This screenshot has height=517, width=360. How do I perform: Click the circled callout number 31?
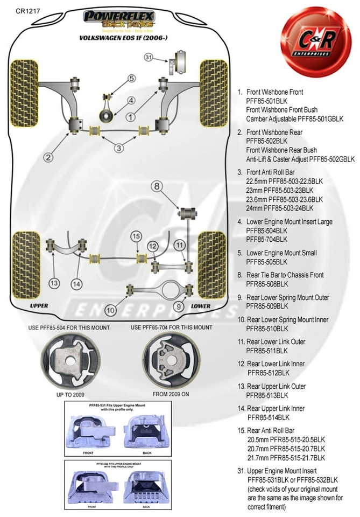tap(149, 57)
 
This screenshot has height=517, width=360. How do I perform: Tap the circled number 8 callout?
tap(156, 187)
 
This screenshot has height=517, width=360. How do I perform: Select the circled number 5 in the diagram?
tap(131, 79)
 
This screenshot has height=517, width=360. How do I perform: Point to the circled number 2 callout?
tap(48, 157)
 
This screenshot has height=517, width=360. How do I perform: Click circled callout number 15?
tap(136, 236)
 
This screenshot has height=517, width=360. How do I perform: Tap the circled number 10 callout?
tap(111, 309)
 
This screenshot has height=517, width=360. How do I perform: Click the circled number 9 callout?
tap(179, 307)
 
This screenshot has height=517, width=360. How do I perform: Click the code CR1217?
tap(26, 11)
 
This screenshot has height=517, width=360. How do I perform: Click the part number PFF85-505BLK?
tap(267, 262)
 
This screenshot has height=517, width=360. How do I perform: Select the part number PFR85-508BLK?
tap(267, 284)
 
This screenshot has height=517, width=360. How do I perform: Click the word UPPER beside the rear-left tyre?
tap(39, 305)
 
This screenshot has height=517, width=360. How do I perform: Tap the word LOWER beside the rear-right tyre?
tap(200, 305)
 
